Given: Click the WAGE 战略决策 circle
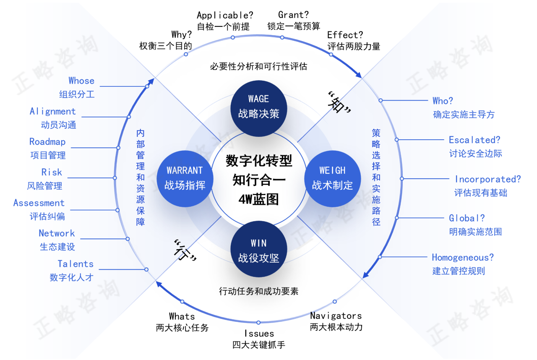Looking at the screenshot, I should click(259, 106).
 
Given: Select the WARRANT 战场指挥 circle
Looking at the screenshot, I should click(185, 177).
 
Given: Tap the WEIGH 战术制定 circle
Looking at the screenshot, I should click(332, 177).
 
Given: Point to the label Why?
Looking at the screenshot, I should click(182, 34).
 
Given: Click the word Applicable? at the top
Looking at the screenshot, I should click(225, 16).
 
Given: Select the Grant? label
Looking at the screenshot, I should click(294, 16).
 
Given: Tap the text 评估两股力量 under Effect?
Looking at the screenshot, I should click(354, 47).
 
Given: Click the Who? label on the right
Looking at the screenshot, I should click(443, 101).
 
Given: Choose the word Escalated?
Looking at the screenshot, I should click(474, 140).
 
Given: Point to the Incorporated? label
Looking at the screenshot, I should click(487, 179).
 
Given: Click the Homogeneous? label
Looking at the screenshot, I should click(463, 258).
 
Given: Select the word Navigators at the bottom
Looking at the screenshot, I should click(336, 316).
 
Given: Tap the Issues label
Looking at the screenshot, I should click(259, 334).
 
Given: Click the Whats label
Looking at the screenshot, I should click(182, 316).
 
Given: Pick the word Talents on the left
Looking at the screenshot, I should click(76, 264).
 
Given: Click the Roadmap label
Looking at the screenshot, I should click(47, 142).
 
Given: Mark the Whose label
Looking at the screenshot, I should click(81, 81).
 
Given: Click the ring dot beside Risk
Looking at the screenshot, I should click(115, 178).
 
